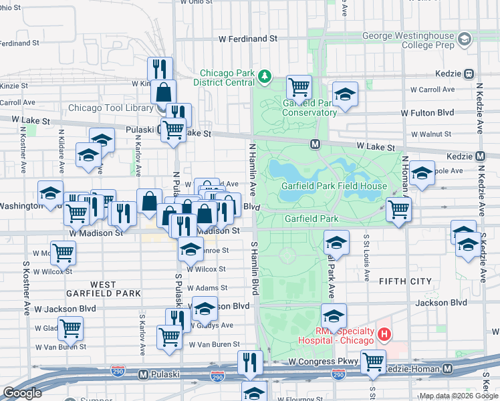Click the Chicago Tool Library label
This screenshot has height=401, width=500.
point(111,108)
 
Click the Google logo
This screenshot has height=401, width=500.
point(23,392)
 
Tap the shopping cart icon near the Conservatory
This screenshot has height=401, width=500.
point(299,86)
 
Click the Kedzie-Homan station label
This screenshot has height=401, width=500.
point(415,368)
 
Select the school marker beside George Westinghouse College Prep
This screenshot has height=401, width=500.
point(463,39)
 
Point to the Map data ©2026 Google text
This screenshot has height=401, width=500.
point(459,396)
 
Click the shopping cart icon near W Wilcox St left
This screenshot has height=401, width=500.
point(64,253)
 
